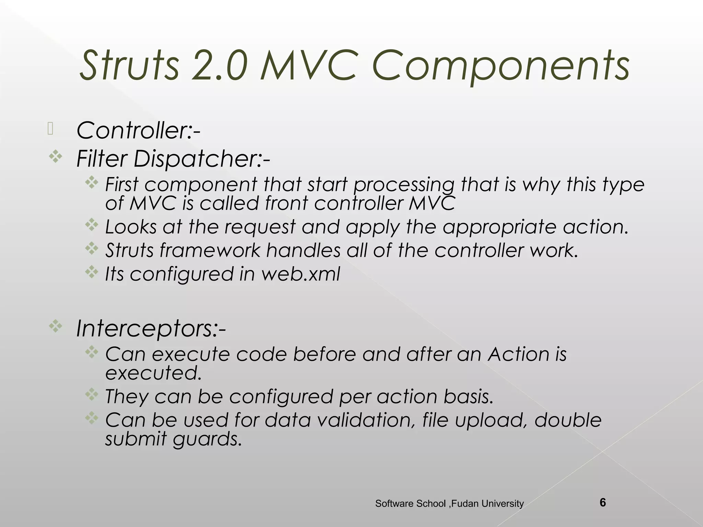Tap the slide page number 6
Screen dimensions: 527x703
602,503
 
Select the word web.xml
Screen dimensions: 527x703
300,274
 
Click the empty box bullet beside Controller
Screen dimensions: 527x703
50,129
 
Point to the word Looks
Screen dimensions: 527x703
131,227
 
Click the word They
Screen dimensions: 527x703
127,397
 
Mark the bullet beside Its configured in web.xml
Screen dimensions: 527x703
92,272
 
